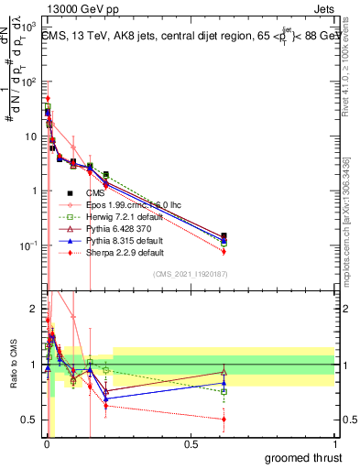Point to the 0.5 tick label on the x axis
[191, 443]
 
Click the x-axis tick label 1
[334, 443]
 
